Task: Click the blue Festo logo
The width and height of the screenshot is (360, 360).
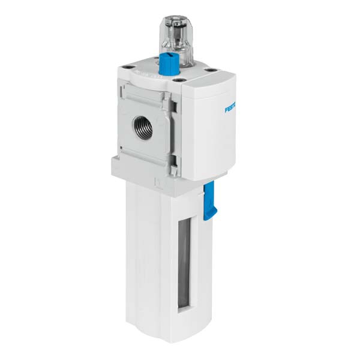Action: (x=232, y=109)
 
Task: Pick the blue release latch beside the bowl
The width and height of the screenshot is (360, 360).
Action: (x=209, y=200)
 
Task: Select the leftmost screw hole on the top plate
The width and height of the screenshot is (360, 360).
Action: (x=126, y=68)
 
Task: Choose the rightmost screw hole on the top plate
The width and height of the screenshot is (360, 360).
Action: (x=209, y=70)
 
